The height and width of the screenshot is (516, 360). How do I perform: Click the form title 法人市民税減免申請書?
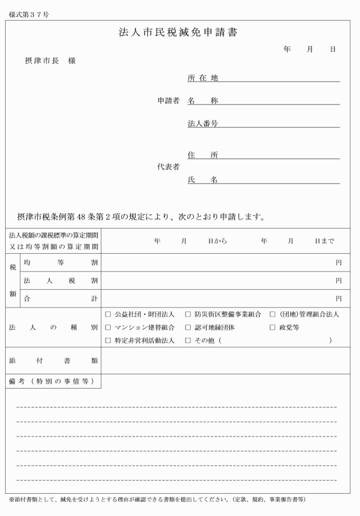[178, 33]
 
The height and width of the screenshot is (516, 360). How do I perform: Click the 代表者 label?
[169, 167]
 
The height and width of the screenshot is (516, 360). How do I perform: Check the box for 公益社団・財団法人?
[109, 314]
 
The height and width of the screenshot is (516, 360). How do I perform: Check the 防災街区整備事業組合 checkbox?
[188, 314]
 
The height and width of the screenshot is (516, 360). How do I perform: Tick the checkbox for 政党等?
[273, 327]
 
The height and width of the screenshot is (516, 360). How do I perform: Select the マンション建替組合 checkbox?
[109, 327]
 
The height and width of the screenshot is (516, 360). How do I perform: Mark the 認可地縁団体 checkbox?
[188, 327]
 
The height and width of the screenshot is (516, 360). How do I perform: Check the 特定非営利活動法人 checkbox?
[109, 341]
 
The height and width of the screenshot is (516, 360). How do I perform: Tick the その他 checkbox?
[188, 341]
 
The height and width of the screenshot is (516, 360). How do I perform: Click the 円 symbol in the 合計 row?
[339, 298]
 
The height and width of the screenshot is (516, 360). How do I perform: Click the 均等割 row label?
[60, 262]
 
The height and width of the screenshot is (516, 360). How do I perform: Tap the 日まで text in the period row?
[324, 241]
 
